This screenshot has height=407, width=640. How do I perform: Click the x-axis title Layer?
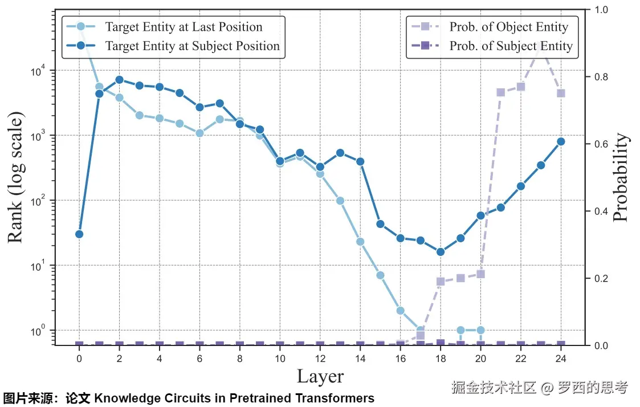[x=320, y=376]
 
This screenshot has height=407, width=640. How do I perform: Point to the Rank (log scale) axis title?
[x=16, y=178]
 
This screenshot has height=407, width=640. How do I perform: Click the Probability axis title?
[x=621, y=178]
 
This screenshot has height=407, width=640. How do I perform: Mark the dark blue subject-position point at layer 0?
[x=79, y=234]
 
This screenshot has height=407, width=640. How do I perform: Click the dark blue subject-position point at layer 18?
[x=441, y=252]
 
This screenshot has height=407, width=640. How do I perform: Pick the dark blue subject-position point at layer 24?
[x=561, y=141]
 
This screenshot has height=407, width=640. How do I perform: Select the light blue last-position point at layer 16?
[x=401, y=311]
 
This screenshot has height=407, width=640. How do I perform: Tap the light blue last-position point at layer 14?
[x=360, y=242]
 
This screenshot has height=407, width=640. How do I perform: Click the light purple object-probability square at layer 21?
[x=500, y=92]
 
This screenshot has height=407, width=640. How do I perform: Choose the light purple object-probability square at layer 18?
[x=441, y=281]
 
